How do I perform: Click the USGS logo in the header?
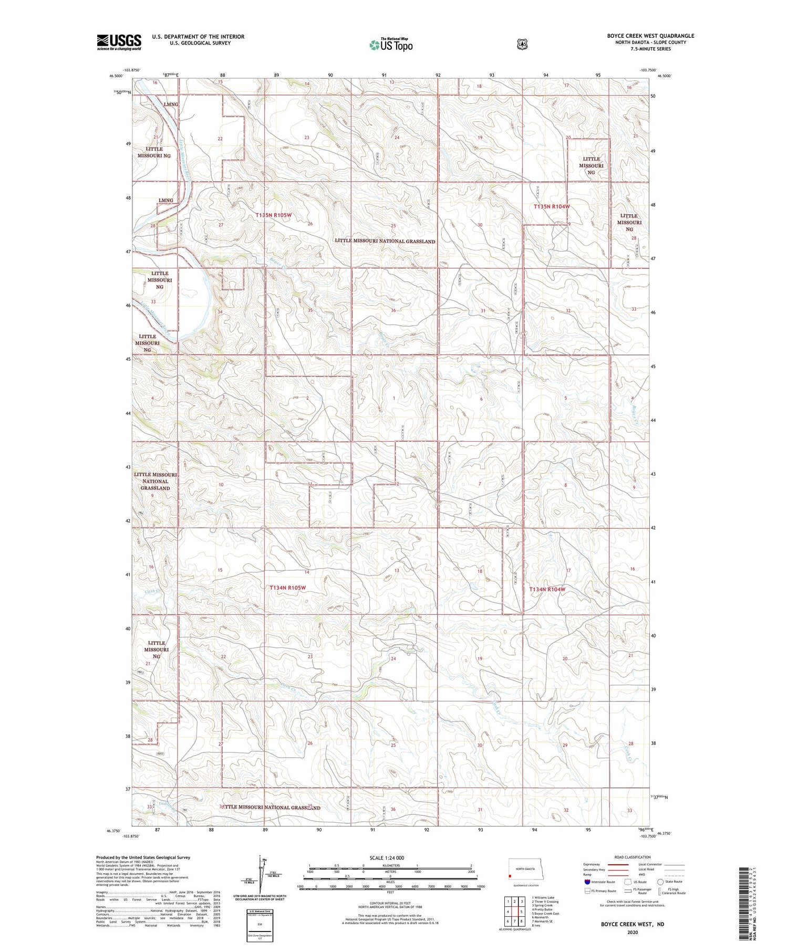pos(119,42)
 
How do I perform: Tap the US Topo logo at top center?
pos(391,45)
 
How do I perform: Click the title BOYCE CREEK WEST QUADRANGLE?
pos(650,36)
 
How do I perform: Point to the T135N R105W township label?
pos(273,215)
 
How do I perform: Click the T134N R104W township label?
pos(547,590)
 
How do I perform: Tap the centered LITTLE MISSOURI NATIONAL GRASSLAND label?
pos(385,241)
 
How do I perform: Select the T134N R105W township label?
pos(287,588)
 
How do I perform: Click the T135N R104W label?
pos(552,207)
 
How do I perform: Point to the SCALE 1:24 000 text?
pos(387,858)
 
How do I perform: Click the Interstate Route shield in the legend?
pos(587,882)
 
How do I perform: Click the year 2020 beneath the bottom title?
pos(632,933)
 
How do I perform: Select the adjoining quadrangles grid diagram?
pos(514,912)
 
